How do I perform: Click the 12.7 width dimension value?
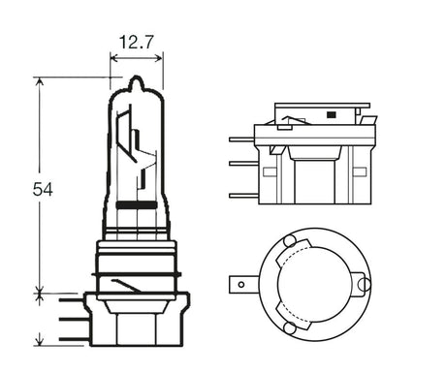135,43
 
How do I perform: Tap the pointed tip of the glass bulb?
136,80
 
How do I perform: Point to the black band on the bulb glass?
136,206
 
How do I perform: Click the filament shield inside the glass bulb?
135,145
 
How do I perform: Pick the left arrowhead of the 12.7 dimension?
114,57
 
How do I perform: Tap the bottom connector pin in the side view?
240,197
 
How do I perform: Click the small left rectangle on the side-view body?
277,151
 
